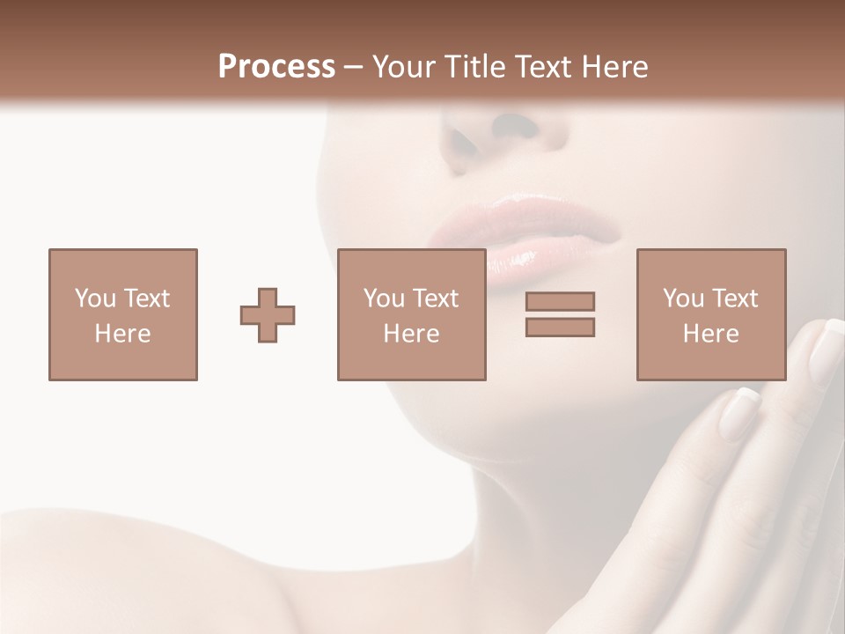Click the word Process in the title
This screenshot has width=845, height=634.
(276, 67)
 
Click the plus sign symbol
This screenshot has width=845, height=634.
(268, 314)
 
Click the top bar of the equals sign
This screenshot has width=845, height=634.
(560, 301)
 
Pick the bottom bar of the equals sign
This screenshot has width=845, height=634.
(560, 328)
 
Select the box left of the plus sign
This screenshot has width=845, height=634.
(123, 314)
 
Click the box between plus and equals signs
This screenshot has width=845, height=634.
(411, 314)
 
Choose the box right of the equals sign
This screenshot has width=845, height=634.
(710, 314)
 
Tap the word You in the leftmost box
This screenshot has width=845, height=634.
(95, 299)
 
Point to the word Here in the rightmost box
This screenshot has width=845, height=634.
(710, 334)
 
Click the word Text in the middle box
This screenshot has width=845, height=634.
(437, 299)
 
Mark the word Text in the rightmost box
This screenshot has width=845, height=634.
(736, 299)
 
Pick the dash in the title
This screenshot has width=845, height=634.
(354, 67)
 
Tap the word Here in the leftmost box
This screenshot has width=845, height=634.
(123, 334)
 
